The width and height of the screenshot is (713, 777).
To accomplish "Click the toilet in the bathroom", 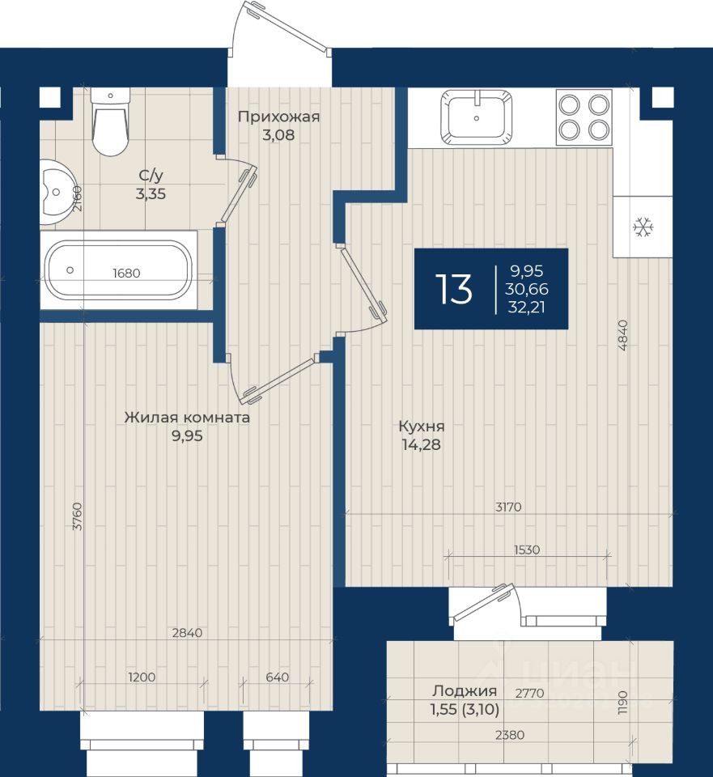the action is tap(111, 122).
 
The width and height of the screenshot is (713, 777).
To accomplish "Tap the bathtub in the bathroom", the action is tap(118, 270).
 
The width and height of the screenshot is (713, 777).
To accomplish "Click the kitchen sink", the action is tap(476, 117).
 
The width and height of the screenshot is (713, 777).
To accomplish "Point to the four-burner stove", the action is tap(584, 117).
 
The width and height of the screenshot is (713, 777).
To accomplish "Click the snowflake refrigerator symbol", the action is tap(643, 227).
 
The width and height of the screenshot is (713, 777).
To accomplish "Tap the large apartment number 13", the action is tap(454, 290).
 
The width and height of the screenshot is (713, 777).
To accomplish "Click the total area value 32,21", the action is tap(526, 308).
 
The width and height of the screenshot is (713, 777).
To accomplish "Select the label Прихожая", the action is tap(278, 117).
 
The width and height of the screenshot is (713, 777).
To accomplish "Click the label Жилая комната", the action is tap(187, 418).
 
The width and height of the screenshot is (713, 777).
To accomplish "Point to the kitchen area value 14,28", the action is tap(421, 444).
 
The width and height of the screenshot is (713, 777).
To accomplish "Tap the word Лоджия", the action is tap(465, 690).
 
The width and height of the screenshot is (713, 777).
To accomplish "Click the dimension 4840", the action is tap(623, 335).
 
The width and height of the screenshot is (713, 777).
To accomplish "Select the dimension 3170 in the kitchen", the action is tap(508, 507).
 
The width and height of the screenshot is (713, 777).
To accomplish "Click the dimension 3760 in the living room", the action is tap(78, 516).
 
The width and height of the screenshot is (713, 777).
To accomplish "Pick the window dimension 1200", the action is tap(142, 677).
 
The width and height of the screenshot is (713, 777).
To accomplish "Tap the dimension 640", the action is tap(277, 677).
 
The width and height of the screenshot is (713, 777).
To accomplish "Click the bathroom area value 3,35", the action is tap(151, 193).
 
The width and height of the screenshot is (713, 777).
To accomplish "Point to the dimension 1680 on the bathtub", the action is tap(126, 273).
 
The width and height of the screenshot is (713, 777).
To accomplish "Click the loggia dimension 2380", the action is tap(510, 735).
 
